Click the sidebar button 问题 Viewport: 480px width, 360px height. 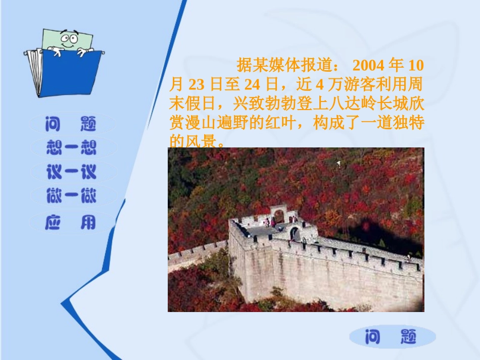point(70,123)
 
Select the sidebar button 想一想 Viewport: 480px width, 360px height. point(71,147)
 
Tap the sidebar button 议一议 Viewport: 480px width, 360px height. point(71,172)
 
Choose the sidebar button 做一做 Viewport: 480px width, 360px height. point(71,196)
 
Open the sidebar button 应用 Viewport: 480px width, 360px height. point(70,222)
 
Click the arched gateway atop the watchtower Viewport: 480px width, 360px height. point(278,215)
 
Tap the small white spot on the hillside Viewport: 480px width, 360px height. point(339,163)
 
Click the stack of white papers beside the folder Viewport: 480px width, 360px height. point(34,73)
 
